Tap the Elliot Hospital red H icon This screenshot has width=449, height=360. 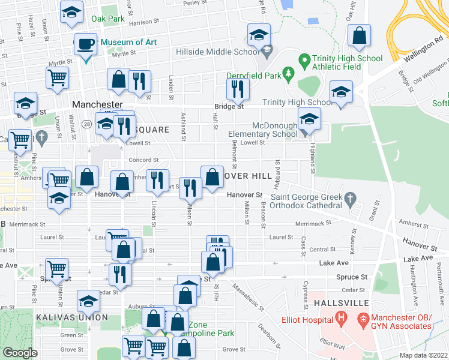pyautogui.click(x=342, y=317)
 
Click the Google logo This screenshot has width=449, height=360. pyautogui.click(x=20, y=352)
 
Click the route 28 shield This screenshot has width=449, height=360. pyautogui.click(x=87, y=124)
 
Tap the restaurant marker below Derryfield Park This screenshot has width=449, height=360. pyautogui.click(x=238, y=89)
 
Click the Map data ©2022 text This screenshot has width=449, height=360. pyautogui.click(x=424, y=355)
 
